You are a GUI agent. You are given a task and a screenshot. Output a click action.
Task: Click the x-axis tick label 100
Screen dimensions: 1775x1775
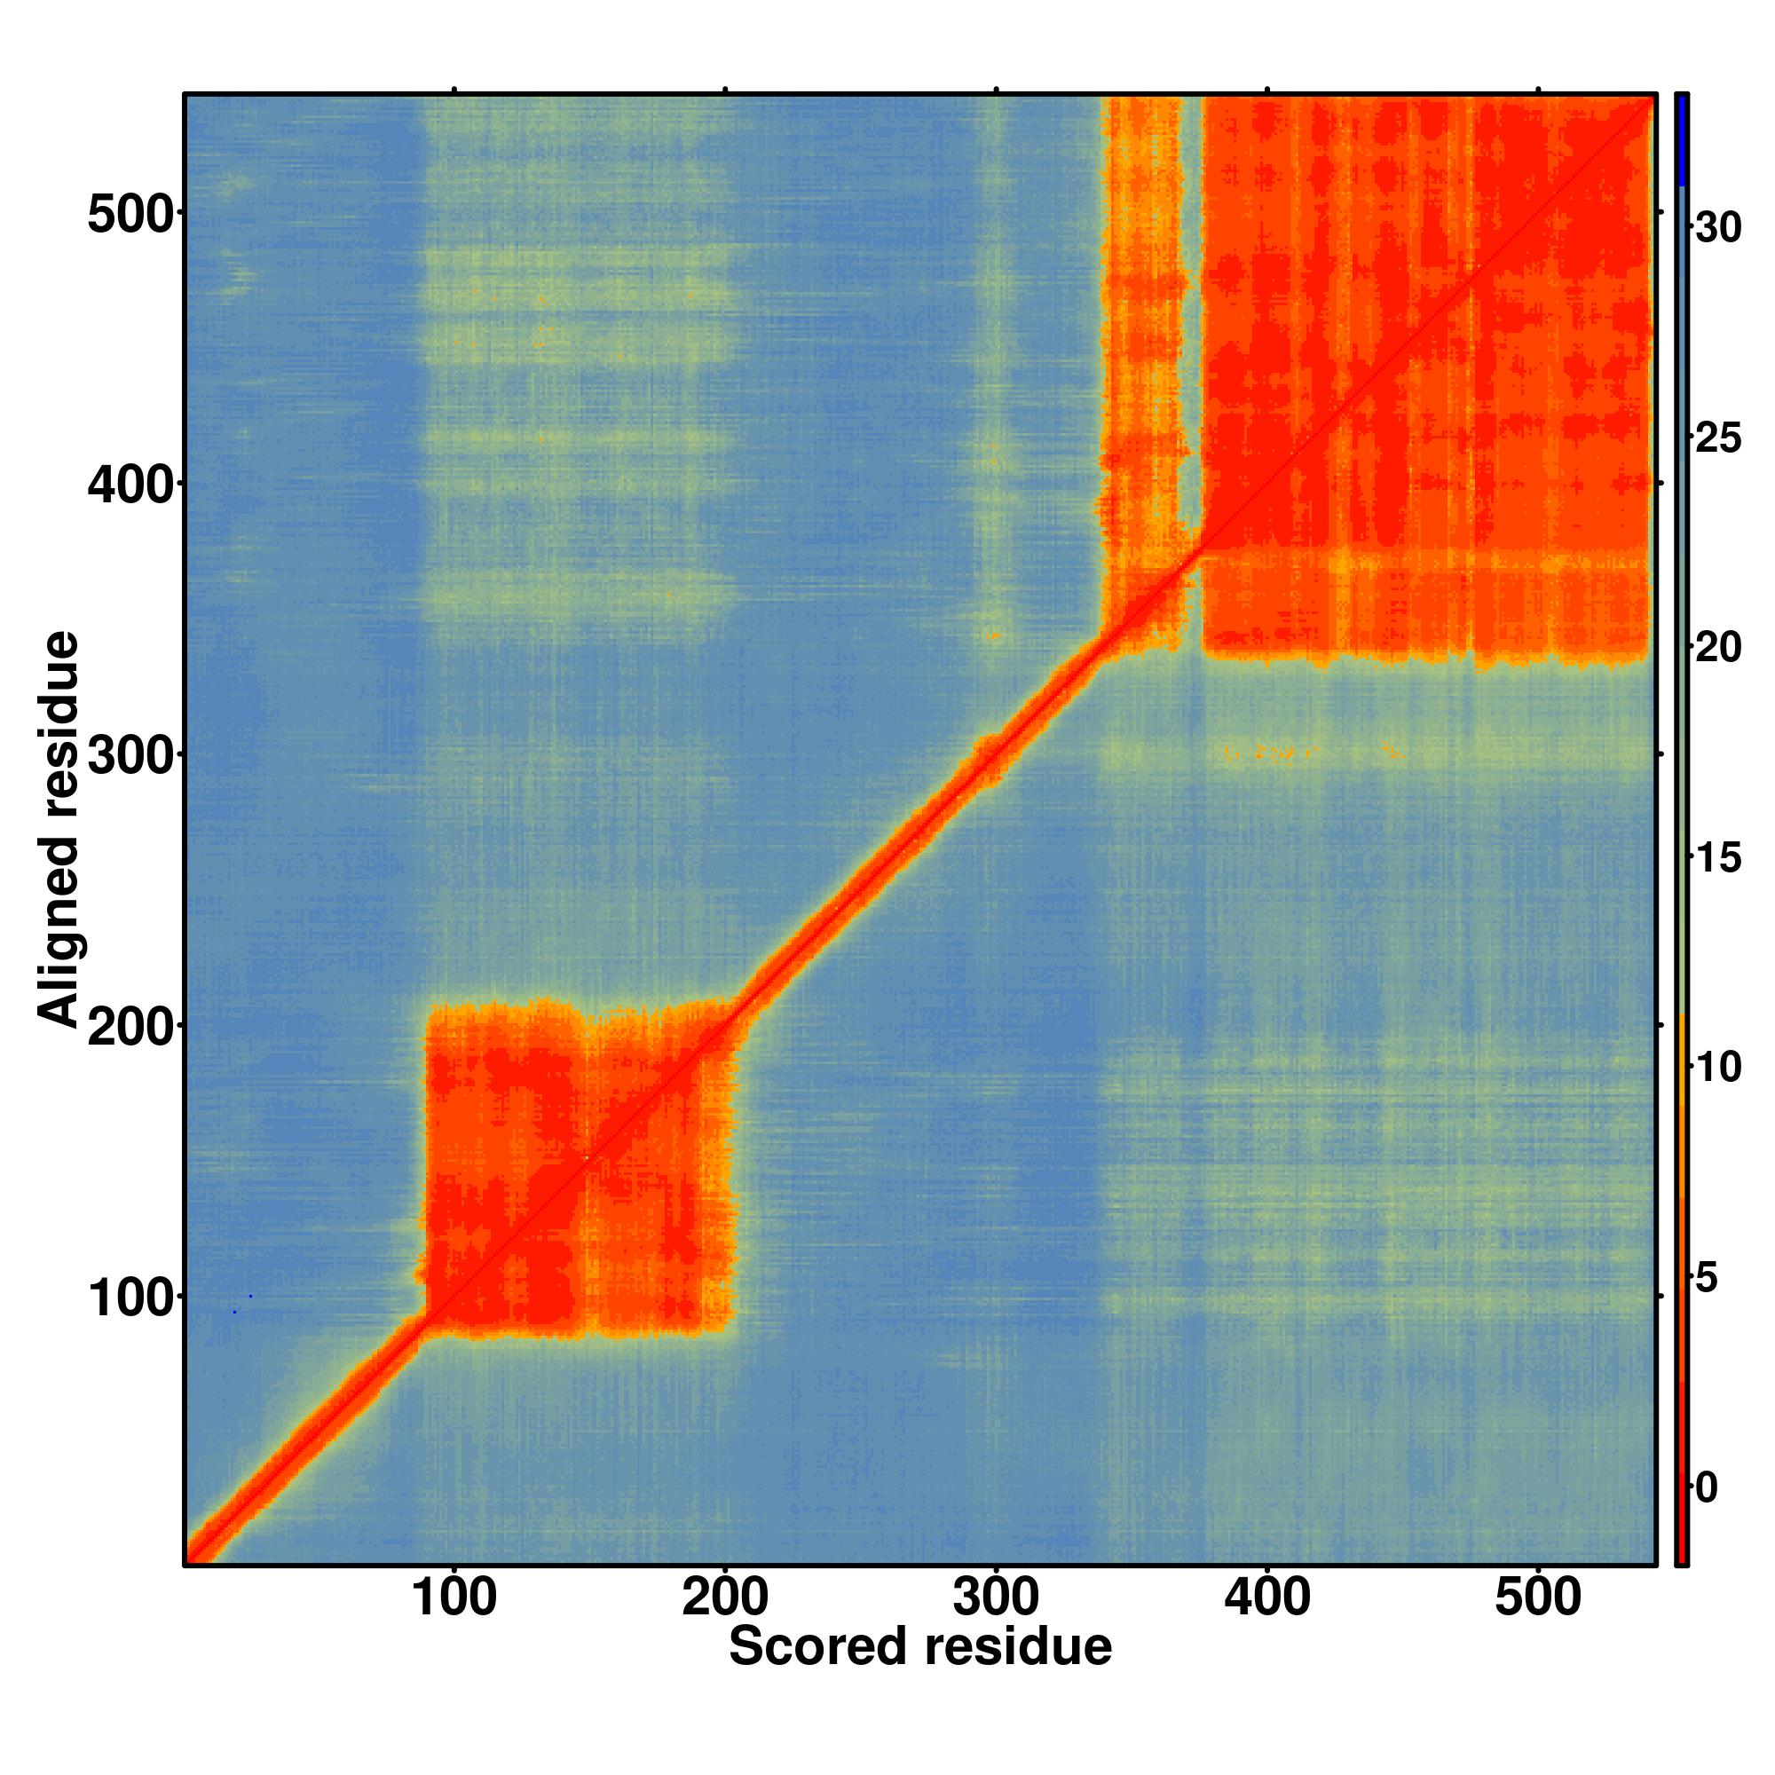454,1599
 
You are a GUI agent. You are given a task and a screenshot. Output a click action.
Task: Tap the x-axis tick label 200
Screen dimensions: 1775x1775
725,1599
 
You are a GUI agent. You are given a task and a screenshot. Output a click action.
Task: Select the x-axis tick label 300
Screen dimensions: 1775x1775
996,1599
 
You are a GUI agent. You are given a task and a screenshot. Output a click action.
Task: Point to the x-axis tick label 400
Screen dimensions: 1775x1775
1267,1599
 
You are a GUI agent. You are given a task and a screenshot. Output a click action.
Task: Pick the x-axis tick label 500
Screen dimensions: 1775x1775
1538,1599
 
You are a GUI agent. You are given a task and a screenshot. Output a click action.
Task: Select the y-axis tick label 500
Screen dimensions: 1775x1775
130,217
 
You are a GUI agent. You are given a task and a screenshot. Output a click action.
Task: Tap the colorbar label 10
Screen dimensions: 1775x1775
1717,1068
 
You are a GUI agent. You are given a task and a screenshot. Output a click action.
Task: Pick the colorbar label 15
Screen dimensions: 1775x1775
1717,857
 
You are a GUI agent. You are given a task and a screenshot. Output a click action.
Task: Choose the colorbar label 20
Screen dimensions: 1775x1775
1717,648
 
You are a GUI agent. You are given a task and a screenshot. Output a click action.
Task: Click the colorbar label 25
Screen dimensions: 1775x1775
1717,438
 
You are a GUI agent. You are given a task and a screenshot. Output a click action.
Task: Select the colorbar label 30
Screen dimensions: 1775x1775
1717,228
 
